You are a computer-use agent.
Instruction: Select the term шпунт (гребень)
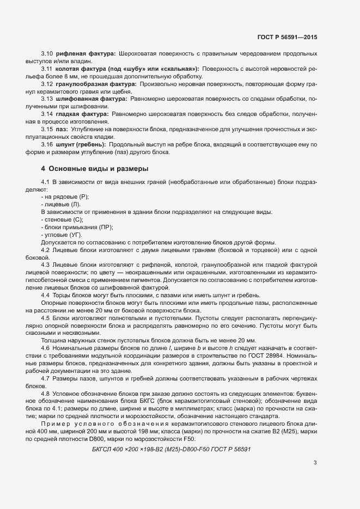(80, 145)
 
